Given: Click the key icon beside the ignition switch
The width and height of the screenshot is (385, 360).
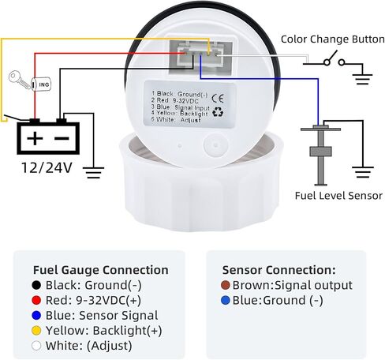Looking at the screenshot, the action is [x=19, y=80].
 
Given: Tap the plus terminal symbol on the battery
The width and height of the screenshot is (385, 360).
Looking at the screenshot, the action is [x=35, y=138].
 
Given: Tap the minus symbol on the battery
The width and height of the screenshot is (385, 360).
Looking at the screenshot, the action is [x=62, y=138].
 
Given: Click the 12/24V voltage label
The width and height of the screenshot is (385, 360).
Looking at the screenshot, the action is [x=47, y=167].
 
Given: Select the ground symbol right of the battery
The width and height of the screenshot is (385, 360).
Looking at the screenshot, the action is [x=93, y=173].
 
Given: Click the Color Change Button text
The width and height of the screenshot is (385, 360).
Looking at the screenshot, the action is [x=333, y=39].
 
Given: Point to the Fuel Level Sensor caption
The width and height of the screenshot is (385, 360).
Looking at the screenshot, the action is [x=338, y=196].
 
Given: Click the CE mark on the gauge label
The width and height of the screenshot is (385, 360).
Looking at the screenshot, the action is [x=218, y=99].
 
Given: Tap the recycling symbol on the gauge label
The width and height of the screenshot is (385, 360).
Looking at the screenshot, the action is [x=218, y=112].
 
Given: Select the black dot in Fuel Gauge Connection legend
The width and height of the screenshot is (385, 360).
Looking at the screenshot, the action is [x=36, y=285].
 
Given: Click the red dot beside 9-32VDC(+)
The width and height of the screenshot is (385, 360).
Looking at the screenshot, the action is [x=36, y=300].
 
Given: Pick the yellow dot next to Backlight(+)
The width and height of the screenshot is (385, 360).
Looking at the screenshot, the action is [x=36, y=331].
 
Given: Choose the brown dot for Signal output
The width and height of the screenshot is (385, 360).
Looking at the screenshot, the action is [x=226, y=285].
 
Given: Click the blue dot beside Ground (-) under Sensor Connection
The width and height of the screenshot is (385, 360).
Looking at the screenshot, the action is [x=226, y=300].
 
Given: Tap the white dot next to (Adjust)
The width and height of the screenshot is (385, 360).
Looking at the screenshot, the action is [x=36, y=346].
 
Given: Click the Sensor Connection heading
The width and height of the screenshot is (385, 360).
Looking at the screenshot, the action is [x=279, y=270].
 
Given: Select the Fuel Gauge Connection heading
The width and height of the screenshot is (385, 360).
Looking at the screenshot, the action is [x=101, y=270].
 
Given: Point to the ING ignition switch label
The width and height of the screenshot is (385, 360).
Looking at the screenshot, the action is [x=44, y=84].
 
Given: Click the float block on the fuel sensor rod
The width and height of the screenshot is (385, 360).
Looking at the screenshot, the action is [x=320, y=152].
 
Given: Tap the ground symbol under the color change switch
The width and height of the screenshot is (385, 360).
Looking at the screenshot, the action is [x=362, y=80].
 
